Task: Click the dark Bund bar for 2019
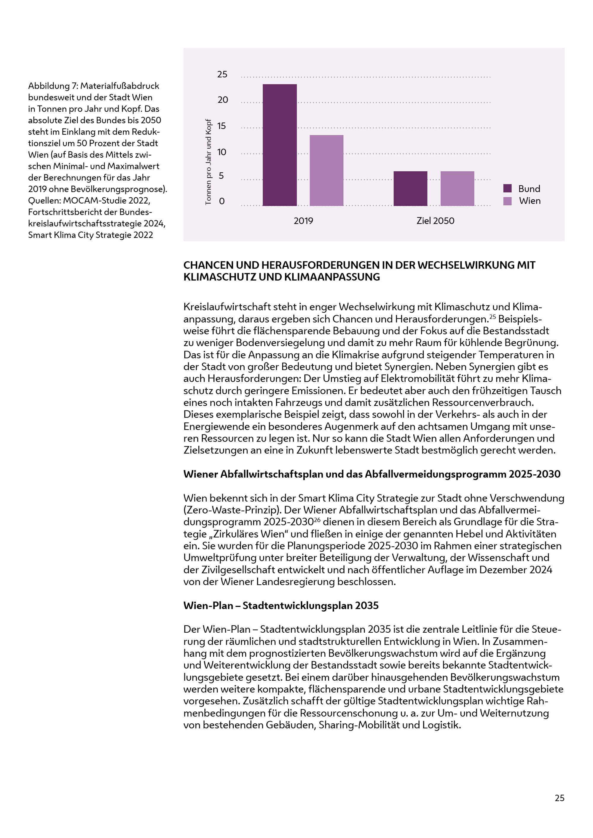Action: (280, 145)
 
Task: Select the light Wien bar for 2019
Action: (326, 170)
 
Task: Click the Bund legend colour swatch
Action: (507, 188)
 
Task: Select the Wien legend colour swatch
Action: (507, 201)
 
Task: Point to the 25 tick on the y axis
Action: (222, 74)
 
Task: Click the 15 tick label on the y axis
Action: (222, 126)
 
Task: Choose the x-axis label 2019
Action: (303, 221)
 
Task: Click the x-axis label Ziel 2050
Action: (435, 221)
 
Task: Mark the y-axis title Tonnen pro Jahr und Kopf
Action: (208, 162)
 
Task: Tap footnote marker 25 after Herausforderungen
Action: (492, 316)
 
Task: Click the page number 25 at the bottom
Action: (559, 798)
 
